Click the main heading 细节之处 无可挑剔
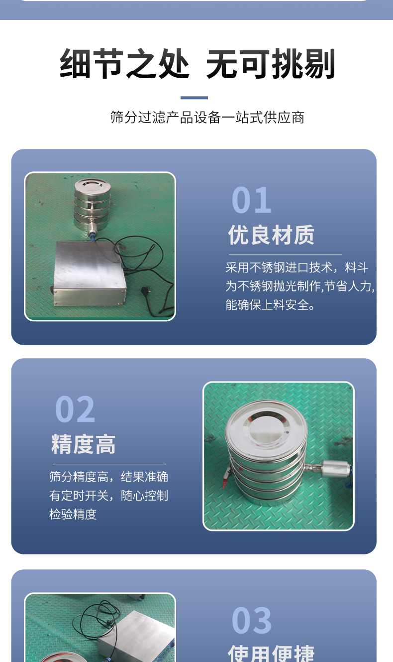click(197, 64)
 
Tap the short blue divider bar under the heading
click(194, 98)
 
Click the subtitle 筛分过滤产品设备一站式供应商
click(207, 118)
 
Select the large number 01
click(251, 200)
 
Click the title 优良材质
click(271, 235)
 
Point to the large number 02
click(75, 409)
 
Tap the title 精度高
click(83, 444)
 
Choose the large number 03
click(251, 620)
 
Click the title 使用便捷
click(271, 653)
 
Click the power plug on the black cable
click(147, 290)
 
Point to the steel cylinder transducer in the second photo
click(336, 469)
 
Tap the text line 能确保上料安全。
click(270, 305)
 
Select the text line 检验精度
click(73, 515)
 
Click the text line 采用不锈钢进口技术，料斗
click(297, 267)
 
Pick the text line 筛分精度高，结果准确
click(108, 477)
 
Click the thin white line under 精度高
click(109, 464)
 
